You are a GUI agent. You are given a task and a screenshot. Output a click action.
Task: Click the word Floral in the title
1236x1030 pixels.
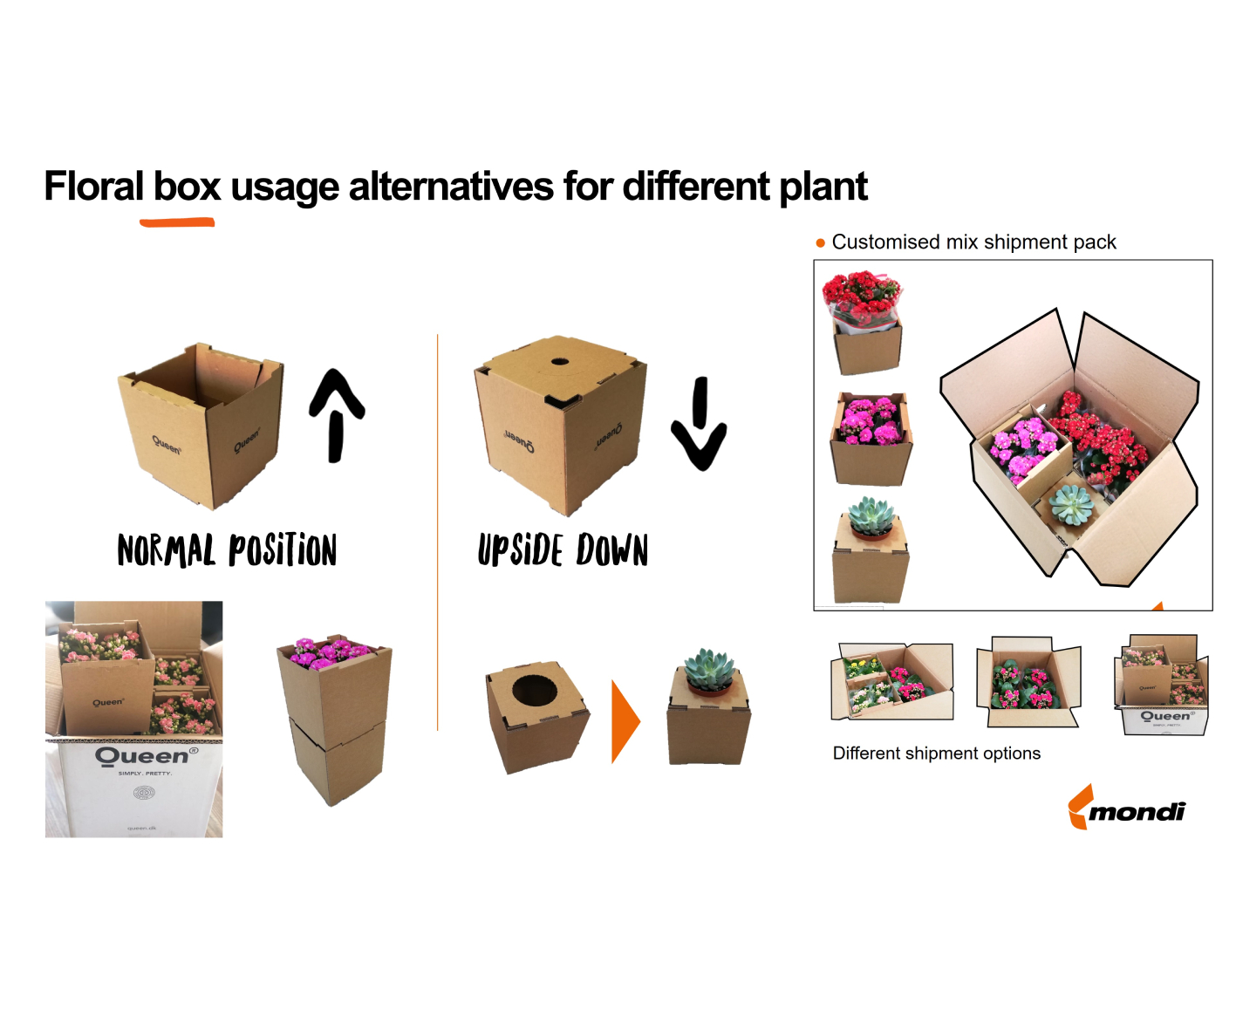click(93, 186)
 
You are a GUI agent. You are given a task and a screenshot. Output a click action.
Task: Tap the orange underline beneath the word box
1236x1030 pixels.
click(177, 223)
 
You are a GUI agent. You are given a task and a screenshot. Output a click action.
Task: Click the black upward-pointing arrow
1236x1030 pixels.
click(336, 414)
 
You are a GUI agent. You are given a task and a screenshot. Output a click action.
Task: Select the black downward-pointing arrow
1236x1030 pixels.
click(699, 423)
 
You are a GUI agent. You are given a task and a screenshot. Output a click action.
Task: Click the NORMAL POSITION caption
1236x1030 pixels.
click(227, 550)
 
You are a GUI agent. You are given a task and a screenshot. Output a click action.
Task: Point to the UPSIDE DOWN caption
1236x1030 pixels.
click(563, 550)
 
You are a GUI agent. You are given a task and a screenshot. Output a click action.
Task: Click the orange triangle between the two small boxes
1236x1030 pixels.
click(625, 721)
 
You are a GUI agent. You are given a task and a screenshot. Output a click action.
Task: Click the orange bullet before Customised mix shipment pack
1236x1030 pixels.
click(820, 242)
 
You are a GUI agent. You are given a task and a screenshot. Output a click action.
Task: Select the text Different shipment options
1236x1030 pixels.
click(936, 754)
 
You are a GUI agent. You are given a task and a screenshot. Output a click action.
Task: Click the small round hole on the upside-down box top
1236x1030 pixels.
click(559, 362)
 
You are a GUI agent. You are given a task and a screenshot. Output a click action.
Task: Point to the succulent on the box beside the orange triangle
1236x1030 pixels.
click(710, 670)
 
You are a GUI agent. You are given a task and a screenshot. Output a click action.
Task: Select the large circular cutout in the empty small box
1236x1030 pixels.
click(534, 690)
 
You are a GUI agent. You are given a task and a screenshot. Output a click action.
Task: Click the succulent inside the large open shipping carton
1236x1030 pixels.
click(1070, 504)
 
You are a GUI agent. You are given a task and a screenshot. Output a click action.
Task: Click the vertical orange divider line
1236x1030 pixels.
click(437, 532)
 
